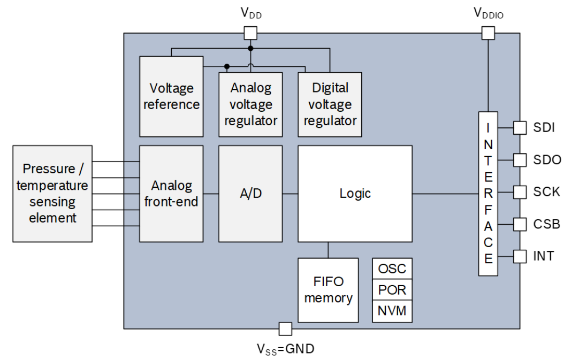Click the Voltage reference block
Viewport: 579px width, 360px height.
click(171, 96)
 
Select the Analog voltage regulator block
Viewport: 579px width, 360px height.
click(250, 104)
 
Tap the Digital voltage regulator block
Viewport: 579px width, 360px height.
click(330, 104)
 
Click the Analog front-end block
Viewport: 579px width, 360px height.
click(171, 194)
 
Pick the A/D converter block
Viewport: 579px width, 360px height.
click(250, 194)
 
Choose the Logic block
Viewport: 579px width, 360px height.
click(355, 194)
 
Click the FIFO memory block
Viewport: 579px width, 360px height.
click(328, 290)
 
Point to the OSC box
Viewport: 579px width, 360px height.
click(392, 269)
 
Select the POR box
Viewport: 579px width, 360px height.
click(392, 290)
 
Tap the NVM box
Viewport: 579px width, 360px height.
click(392, 311)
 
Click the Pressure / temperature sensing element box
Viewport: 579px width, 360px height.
click(52, 194)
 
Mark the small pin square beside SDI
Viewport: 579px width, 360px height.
click(520, 128)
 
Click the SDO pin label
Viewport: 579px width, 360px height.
click(547, 160)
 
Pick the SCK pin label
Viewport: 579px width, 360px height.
click(547, 192)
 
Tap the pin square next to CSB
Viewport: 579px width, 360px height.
click(520, 224)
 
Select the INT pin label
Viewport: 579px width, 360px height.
click(544, 256)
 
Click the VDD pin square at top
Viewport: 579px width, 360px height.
click(250, 33)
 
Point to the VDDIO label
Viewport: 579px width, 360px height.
click(488, 13)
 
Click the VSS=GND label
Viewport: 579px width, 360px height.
click(285, 349)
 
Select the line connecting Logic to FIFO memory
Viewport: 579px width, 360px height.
click(328, 250)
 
